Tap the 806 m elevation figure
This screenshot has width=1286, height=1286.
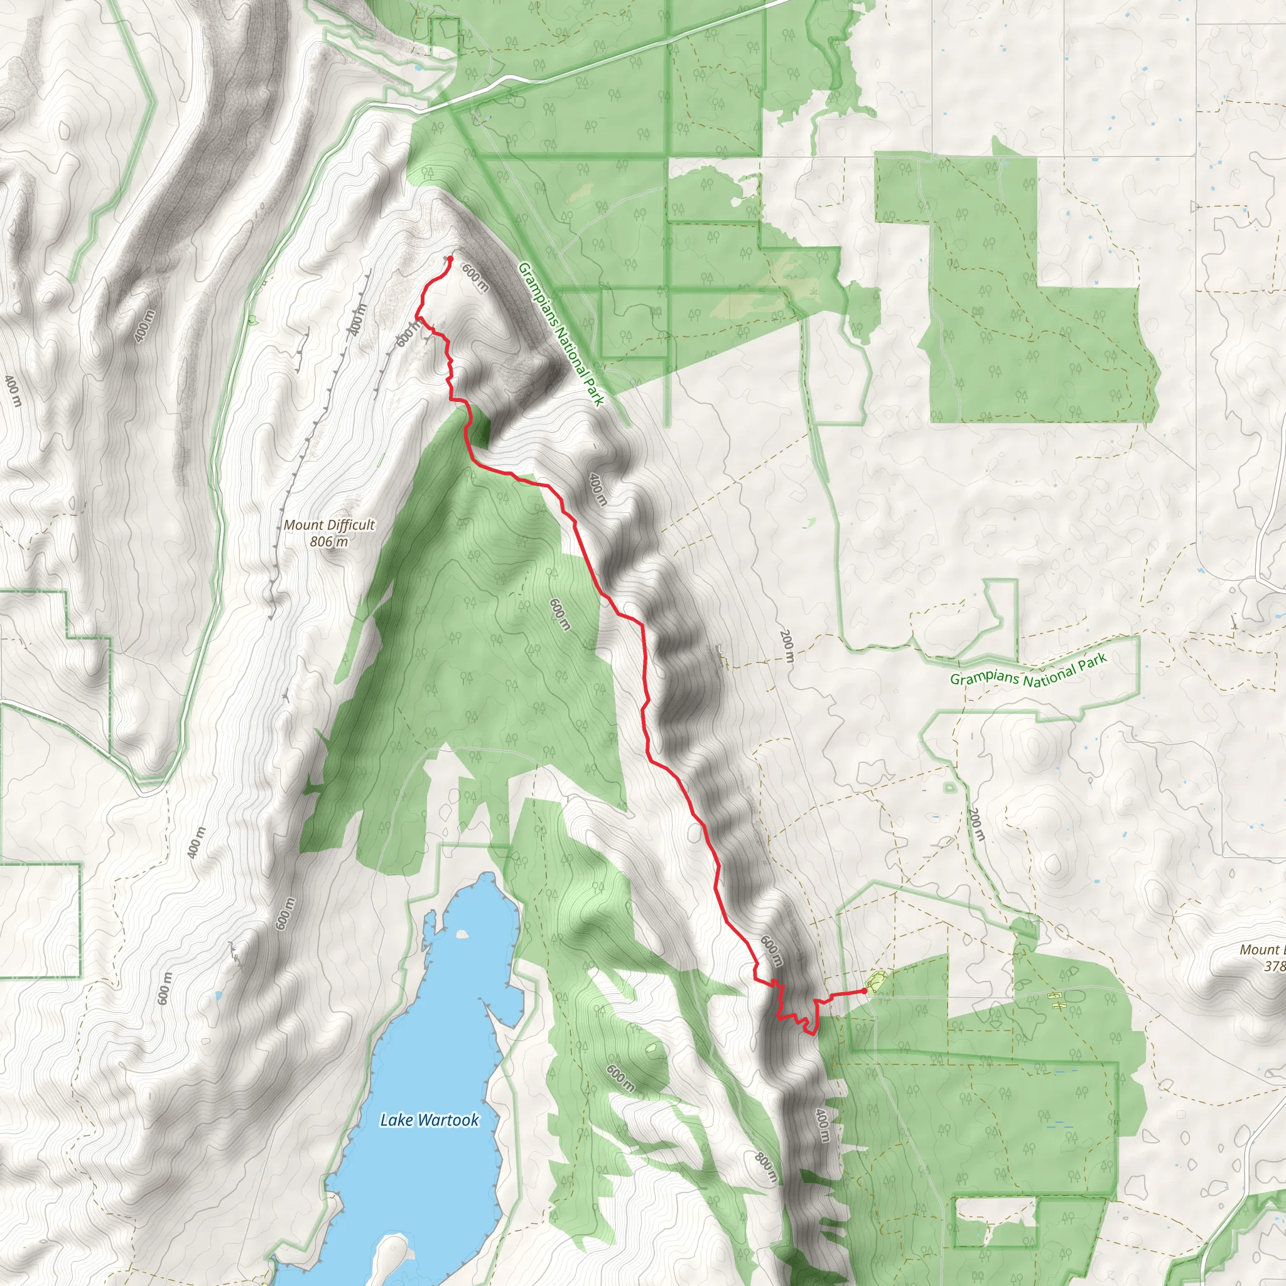pos(329,542)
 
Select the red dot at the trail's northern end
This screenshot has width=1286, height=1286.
pos(451,258)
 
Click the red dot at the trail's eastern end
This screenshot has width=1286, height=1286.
pos(865,990)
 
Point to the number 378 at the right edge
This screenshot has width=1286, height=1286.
pos(1274,966)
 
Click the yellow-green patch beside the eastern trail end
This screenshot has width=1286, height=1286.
pos(875,981)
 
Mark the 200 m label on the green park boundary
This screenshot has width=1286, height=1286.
pos(976,825)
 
